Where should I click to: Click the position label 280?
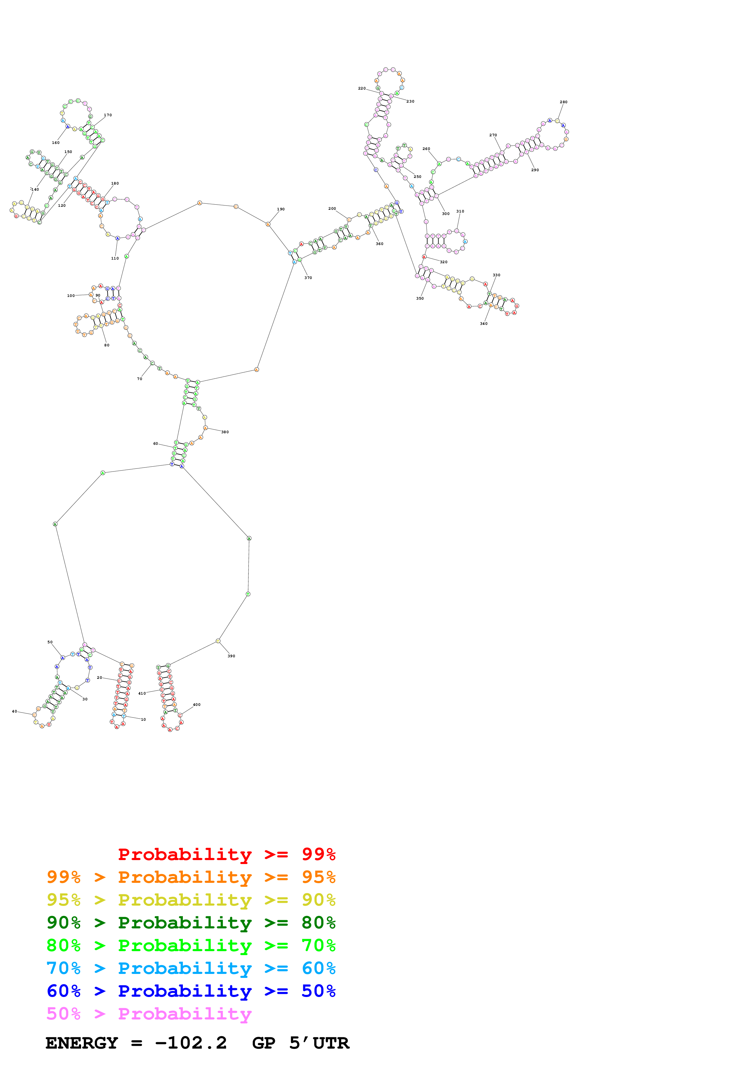click(x=563, y=102)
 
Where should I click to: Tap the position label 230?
click(x=410, y=101)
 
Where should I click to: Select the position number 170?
click(x=108, y=115)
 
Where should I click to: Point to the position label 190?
click(x=281, y=209)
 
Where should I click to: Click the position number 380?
click(x=224, y=432)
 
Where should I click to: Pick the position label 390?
click(x=231, y=656)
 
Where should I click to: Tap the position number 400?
click(x=197, y=705)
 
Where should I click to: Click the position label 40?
click(x=14, y=711)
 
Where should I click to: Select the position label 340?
click(x=484, y=324)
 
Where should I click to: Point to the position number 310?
click(x=460, y=212)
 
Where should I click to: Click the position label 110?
click(x=115, y=258)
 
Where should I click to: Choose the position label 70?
click(x=139, y=379)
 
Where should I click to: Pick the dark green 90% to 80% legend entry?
click(x=191, y=923)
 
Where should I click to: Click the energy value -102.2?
click(x=191, y=1043)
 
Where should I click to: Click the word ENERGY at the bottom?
click(x=82, y=1043)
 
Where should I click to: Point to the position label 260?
click(x=426, y=149)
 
